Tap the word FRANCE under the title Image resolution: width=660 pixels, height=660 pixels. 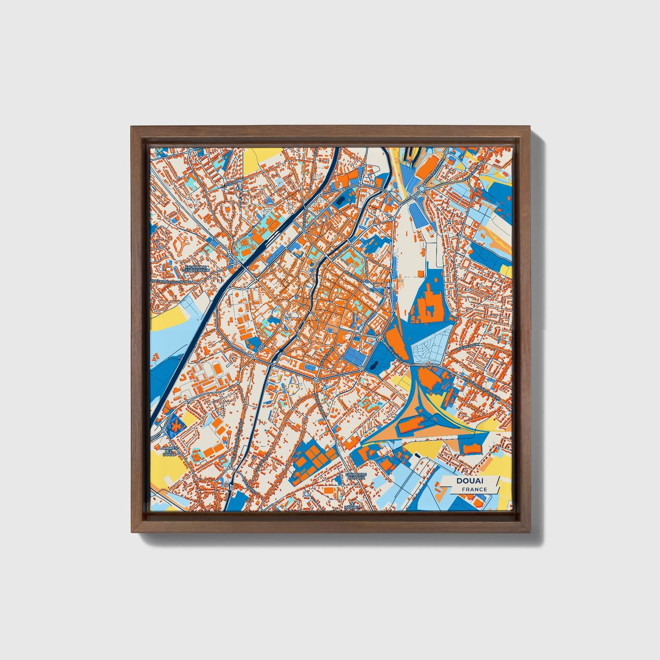[x=474, y=489]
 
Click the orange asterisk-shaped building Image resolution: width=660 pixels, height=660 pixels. [x=175, y=425]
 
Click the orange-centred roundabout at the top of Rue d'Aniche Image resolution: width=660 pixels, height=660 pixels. [x=380, y=338]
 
